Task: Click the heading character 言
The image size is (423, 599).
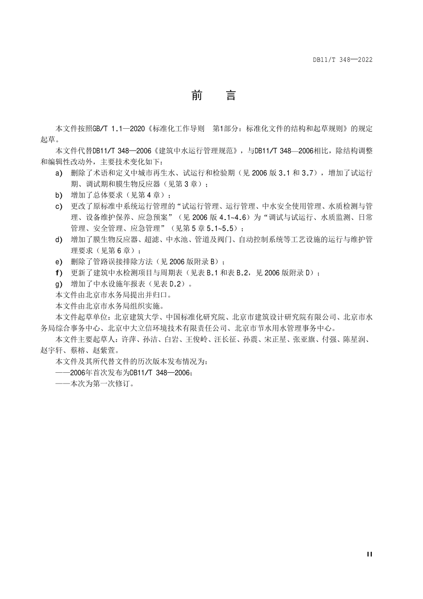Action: click(231, 95)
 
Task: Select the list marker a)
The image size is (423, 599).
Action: click(59, 173)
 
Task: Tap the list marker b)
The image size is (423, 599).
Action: click(59, 195)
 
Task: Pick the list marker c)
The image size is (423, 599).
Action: click(59, 206)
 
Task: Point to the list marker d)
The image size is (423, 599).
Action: click(59, 240)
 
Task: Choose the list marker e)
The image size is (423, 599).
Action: click(59, 261)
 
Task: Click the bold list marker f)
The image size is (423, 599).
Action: click(58, 273)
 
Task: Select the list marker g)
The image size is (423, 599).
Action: click(59, 284)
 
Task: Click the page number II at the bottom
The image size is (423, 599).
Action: click(369, 554)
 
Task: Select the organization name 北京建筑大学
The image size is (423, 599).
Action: click(136, 317)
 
